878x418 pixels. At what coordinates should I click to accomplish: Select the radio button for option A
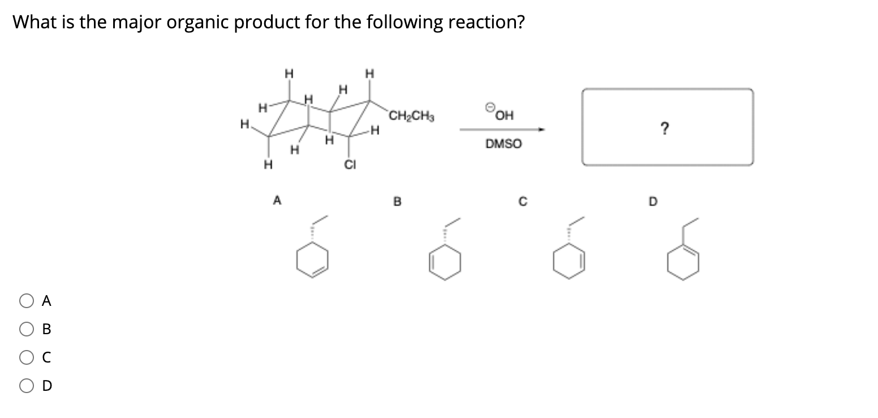(x=27, y=302)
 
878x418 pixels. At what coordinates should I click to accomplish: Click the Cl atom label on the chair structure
(x=350, y=164)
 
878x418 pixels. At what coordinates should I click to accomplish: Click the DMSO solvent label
(x=503, y=144)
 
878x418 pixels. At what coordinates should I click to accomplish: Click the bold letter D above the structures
(x=651, y=199)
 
